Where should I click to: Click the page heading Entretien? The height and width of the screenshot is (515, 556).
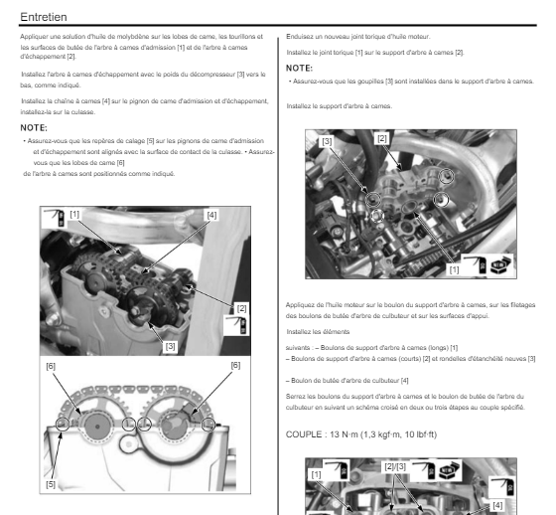point(44,17)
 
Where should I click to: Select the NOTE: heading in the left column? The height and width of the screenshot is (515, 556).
point(34,127)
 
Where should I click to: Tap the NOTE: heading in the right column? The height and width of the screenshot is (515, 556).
point(299,68)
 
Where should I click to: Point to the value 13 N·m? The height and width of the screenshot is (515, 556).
point(344,434)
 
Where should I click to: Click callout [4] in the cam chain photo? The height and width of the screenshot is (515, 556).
point(211,215)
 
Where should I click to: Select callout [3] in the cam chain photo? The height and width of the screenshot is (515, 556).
point(170,346)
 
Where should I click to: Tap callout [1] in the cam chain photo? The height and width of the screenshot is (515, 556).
point(74,214)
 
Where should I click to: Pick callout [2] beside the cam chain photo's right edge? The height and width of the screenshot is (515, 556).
point(242,308)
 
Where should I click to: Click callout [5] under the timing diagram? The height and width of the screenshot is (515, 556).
point(51,484)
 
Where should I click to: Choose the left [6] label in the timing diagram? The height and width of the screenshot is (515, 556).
point(51,366)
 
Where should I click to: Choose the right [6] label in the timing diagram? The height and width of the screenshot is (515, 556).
point(235,365)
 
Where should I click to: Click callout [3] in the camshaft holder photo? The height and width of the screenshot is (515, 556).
point(327,141)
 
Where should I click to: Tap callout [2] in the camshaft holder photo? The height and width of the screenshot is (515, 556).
point(382,138)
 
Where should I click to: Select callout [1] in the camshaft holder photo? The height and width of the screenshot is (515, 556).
point(454,269)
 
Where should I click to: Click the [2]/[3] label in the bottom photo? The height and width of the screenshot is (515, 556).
point(395,466)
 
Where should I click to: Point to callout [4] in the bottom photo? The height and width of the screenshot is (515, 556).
point(497,505)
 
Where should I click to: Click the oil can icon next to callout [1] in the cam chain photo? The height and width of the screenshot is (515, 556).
point(55,217)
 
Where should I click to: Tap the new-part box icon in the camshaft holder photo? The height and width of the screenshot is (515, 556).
point(500,265)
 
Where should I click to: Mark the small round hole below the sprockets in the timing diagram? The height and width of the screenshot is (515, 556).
point(128,444)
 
